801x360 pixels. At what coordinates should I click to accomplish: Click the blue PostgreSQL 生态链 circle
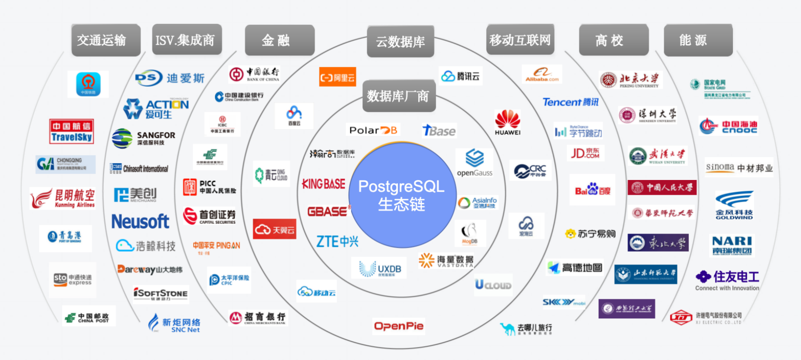402,195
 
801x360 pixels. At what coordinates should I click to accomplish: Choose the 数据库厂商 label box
398,96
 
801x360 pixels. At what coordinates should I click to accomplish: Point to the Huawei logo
507,123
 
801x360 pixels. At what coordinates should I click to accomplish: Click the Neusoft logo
140,222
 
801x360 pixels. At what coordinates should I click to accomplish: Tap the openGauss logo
475,163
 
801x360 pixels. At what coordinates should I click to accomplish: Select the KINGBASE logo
324,184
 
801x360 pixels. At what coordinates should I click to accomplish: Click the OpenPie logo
398,326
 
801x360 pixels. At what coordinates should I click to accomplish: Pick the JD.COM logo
585,153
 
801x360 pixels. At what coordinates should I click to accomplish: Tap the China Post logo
89,317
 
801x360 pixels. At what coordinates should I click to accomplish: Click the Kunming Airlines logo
63,198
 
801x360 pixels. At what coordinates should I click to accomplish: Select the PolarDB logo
373,130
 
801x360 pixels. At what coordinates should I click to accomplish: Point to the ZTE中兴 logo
337,242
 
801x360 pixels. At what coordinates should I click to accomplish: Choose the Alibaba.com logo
542,74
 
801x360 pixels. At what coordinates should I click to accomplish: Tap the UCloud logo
493,285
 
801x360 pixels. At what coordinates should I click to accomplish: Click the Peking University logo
630,80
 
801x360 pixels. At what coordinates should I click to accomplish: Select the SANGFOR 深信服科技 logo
144,138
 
